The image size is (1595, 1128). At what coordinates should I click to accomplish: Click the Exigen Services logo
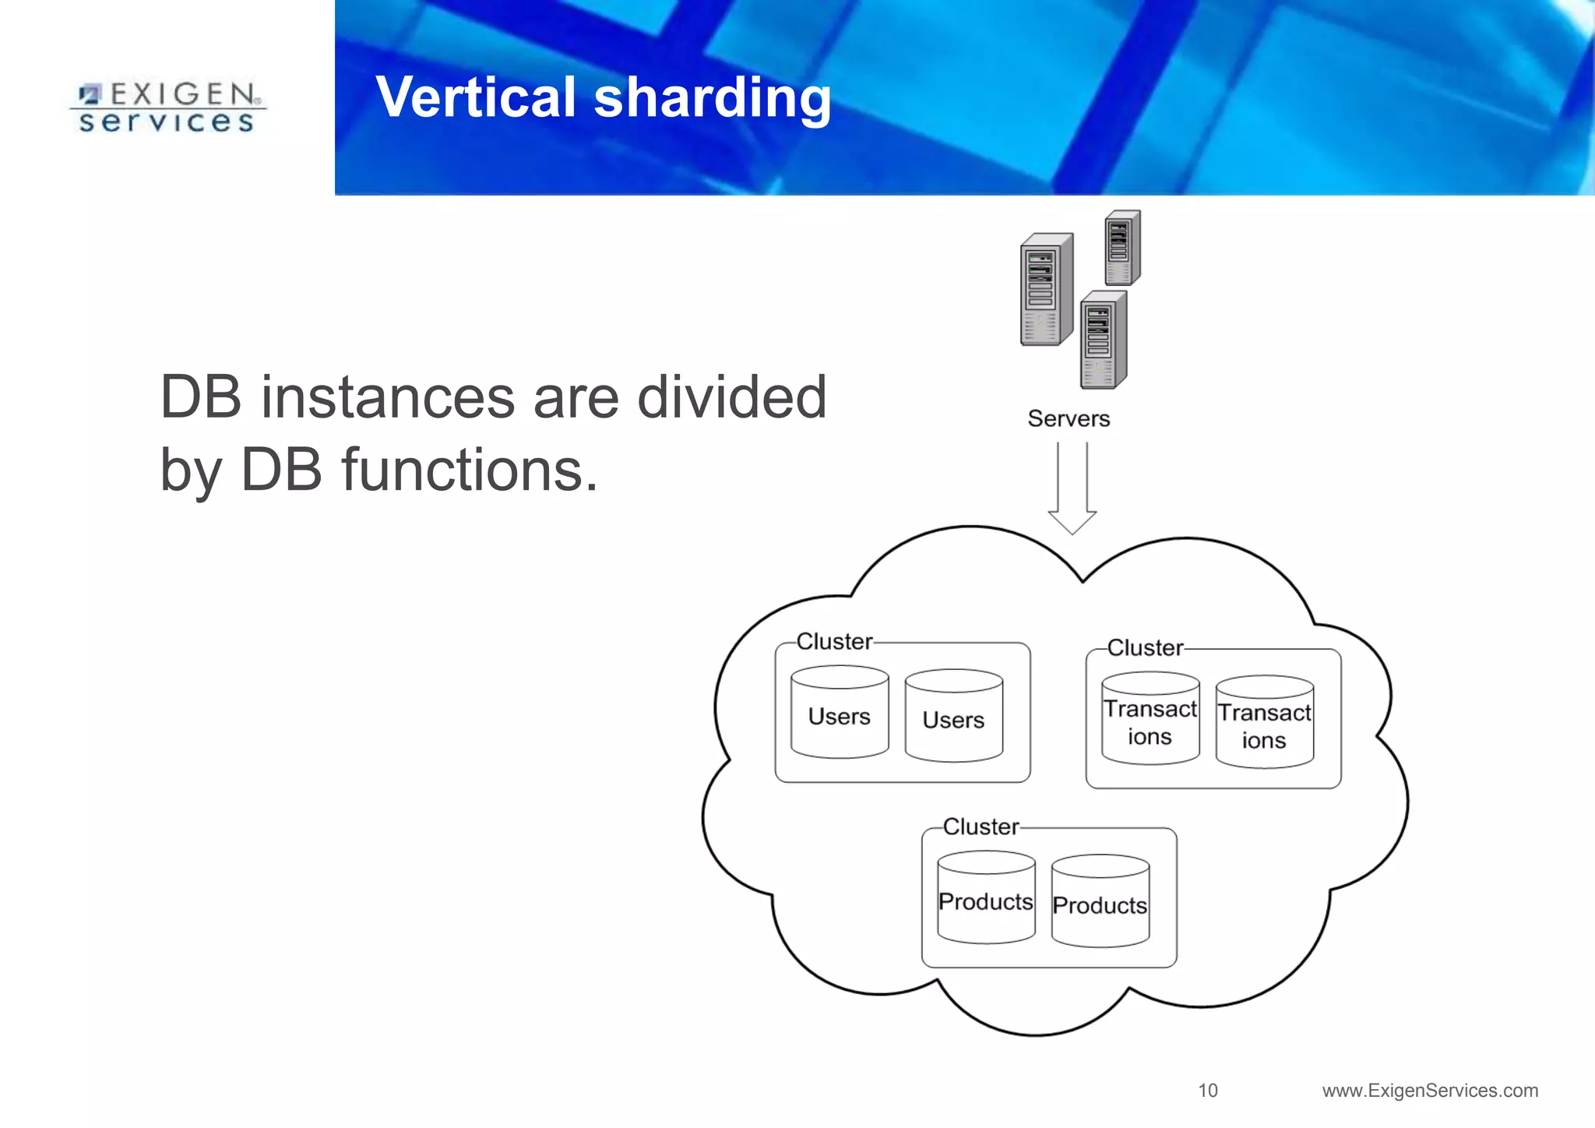coord(167,108)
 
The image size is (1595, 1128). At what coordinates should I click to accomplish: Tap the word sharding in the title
coord(712,100)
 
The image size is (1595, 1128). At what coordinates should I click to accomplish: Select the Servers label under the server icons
coord(1069,418)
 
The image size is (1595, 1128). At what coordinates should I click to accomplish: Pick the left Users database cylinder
coord(840,712)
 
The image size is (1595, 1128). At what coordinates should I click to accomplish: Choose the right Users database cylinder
coord(954,716)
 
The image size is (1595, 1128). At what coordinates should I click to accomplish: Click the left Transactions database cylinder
coord(1150,719)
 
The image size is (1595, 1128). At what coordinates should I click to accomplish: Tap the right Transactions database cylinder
coord(1264,723)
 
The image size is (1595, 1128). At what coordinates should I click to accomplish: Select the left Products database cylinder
coord(986,897)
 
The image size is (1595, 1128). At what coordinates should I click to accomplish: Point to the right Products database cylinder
coord(1100,901)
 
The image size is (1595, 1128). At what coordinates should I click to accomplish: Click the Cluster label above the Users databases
coord(834,641)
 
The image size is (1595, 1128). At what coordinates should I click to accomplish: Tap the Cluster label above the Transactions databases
coord(1145,647)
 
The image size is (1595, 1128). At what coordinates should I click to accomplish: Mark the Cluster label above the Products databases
coord(981,826)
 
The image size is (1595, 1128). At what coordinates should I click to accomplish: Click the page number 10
coord(1208,1090)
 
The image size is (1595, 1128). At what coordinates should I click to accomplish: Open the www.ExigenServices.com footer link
coord(1430,1090)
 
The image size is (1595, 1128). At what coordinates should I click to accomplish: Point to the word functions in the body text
coord(470,471)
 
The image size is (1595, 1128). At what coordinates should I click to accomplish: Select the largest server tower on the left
coord(1046,290)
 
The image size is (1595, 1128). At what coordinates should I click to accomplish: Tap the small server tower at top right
coord(1122,249)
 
